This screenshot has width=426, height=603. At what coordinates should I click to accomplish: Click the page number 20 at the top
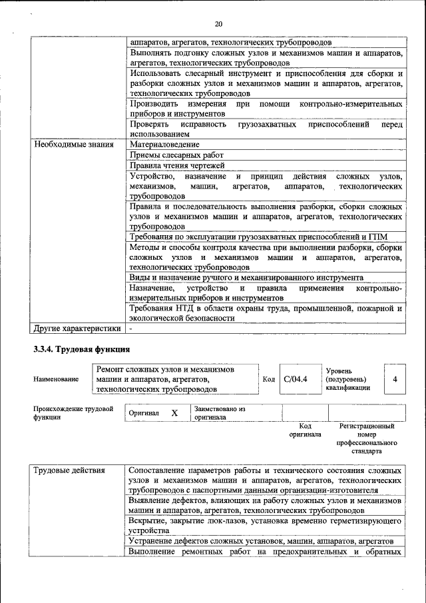[218, 24]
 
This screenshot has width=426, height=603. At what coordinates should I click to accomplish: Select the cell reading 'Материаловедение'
[164, 144]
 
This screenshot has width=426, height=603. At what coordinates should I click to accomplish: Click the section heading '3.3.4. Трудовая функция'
[81, 349]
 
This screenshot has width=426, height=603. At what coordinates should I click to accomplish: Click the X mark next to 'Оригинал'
[174, 413]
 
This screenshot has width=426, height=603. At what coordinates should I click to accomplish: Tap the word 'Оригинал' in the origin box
[144, 413]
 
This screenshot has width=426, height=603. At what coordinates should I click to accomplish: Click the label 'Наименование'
[56, 379]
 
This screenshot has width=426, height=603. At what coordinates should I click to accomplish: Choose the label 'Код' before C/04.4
[268, 379]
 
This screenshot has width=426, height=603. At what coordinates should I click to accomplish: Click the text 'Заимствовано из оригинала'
[220, 413]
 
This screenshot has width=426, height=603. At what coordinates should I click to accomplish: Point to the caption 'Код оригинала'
[305, 430]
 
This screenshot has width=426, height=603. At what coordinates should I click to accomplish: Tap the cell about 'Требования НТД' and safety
[265, 313]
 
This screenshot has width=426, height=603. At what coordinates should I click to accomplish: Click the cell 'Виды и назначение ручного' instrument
[246, 277]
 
